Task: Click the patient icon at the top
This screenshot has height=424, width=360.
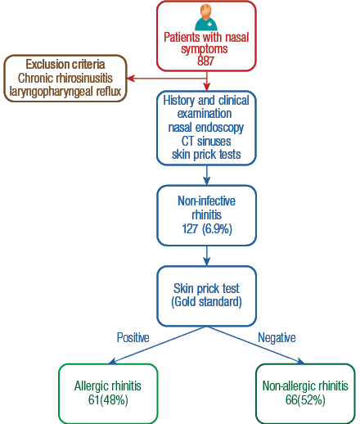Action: pyautogui.click(x=206, y=18)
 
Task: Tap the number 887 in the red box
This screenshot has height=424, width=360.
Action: pyautogui.click(x=205, y=61)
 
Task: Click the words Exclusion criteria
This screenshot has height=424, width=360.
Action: pyautogui.click(x=65, y=65)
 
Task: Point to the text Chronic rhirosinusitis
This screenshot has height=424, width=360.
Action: pyautogui.click(x=65, y=78)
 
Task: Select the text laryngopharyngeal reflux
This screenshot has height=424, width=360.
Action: pyautogui.click(x=65, y=92)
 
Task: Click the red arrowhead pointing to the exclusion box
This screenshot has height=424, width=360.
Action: pyautogui.click(x=131, y=79)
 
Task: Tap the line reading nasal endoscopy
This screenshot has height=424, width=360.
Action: pyautogui.click(x=206, y=128)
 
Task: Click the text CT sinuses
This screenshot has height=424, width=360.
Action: pyautogui.click(x=206, y=141)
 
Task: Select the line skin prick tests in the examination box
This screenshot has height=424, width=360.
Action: pyautogui.click(x=206, y=155)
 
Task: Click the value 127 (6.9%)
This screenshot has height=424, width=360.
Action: pyautogui.click(x=207, y=228)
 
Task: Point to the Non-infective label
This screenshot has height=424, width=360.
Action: pyautogui.click(x=206, y=201)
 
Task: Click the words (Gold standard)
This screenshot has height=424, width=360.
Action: pyautogui.click(x=206, y=302)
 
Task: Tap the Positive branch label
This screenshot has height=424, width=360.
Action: pyautogui.click(x=133, y=337)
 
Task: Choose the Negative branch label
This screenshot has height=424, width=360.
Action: pyautogui.click(x=277, y=338)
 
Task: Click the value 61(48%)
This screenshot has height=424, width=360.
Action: pyautogui.click(x=108, y=400)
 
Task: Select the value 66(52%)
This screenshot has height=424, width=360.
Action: pyautogui.click(x=305, y=400)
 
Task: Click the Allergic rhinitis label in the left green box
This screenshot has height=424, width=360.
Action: pyautogui.click(x=108, y=386)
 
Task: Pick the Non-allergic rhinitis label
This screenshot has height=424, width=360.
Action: pyautogui.click(x=305, y=386)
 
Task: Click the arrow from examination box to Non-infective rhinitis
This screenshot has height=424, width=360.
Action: pyautogui.click(x=207, y=175)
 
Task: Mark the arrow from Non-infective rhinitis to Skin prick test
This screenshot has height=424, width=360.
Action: pyautogui.click(x=207, y=256)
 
